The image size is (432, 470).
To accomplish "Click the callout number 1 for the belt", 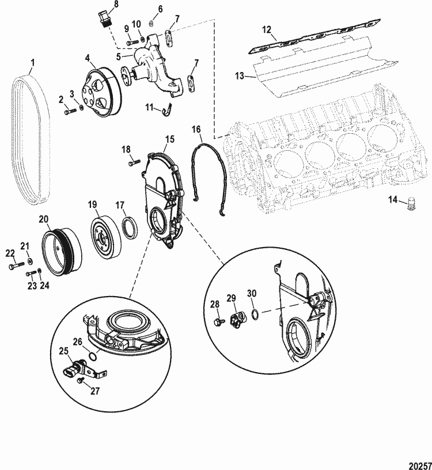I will click(x=33, y=62).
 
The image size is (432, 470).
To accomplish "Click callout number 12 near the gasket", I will click(x=266, y=29).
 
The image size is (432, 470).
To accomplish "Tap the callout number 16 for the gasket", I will click(x=198, y=130).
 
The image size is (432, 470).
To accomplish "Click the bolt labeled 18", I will click(x=134, y=163).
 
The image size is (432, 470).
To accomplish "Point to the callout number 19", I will click(x=92, y=204).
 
